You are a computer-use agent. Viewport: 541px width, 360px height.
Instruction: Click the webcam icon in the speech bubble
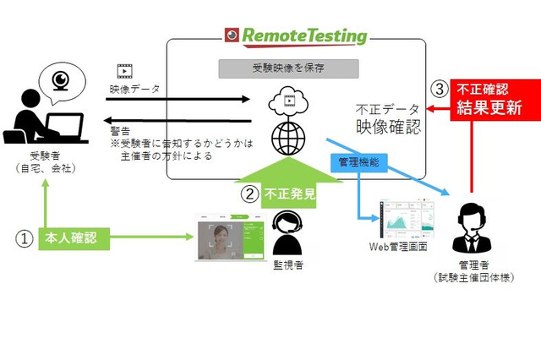(x=60, y=80)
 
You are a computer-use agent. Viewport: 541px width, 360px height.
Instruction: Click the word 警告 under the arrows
(x=119, y=131)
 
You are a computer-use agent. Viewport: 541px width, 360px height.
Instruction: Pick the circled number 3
(x=437, y=88)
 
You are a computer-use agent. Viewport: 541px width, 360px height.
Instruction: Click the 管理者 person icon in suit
(x=473, y=229)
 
